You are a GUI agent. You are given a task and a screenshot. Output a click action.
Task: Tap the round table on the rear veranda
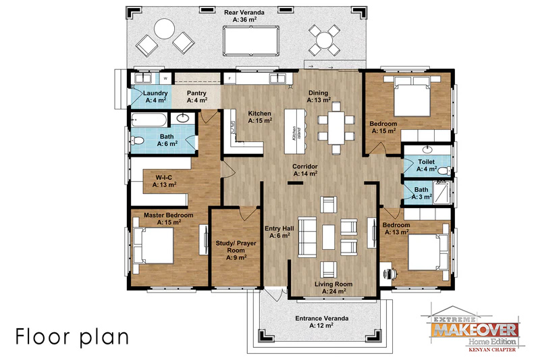coord(164,29)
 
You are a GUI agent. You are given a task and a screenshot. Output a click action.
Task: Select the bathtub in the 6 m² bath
coord(148,120)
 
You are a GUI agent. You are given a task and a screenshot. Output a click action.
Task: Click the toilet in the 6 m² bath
coord(137,140)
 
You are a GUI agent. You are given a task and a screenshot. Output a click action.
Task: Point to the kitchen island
coord(296,132)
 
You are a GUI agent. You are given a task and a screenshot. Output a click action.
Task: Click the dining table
coord(335,128)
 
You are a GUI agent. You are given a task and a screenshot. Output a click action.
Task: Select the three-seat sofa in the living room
coord(307,237)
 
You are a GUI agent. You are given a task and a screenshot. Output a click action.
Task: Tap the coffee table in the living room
coord(328,236)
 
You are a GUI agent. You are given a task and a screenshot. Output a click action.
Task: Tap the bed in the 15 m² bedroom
coord(412,96)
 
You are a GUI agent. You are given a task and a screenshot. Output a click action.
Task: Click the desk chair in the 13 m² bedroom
coord(391,274)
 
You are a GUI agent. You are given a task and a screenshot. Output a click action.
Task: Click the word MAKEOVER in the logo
coord(475,330)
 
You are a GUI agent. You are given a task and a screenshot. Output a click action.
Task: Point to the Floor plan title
coord(72,336)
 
